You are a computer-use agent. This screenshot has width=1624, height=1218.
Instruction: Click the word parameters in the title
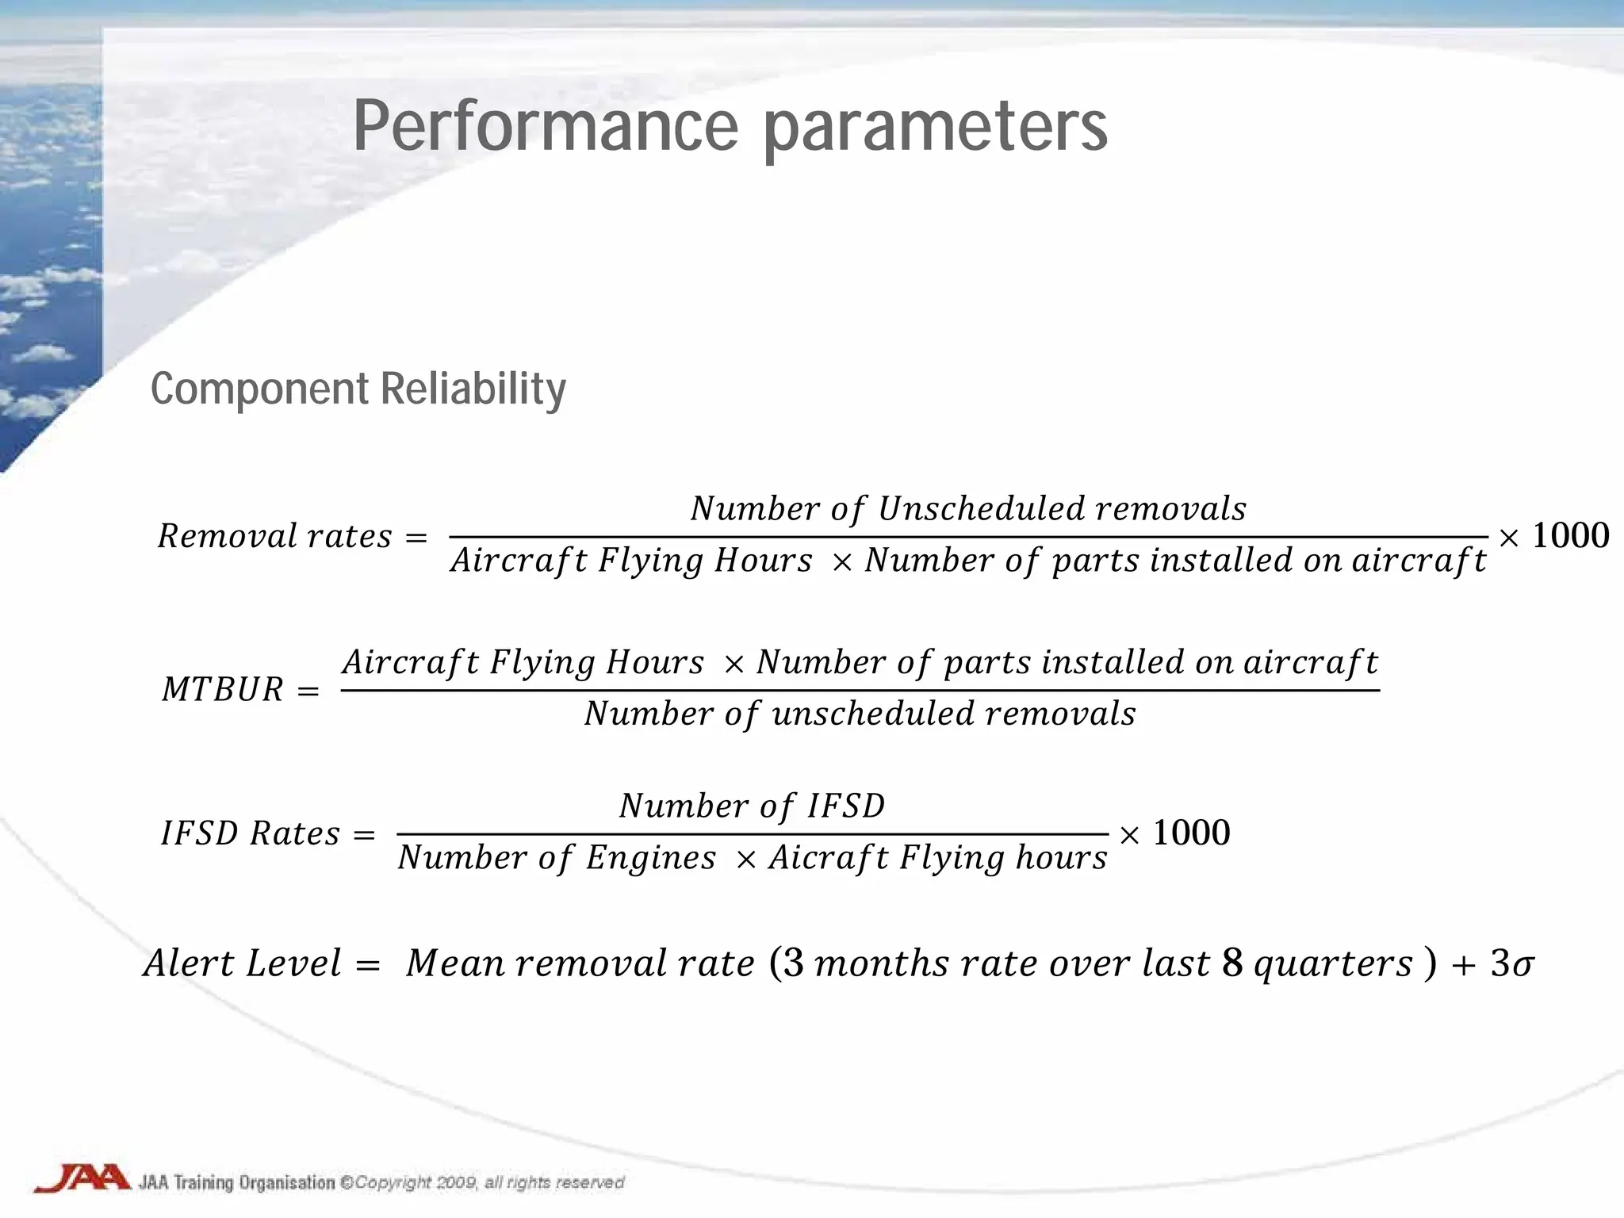(936, 127)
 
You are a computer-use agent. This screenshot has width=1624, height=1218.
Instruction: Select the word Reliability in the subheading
(473, 389)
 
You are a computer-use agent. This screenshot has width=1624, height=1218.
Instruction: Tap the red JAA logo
(82, 1178)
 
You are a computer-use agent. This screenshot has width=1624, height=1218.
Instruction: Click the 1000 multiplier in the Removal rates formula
(1570, 536)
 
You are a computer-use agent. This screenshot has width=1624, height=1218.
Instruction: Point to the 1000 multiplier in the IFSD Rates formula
(1191, 833)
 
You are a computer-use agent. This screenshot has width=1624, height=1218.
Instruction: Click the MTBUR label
(222, 689)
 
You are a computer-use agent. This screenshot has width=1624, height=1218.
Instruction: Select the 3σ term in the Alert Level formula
(1511, 963)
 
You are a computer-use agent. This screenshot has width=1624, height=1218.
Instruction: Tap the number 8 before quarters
(1231, 963)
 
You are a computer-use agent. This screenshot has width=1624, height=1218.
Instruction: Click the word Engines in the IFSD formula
(650, 858)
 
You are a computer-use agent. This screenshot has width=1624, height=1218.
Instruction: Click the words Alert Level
(242, 963)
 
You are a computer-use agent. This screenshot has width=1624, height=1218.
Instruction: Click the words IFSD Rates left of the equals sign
(250, 833)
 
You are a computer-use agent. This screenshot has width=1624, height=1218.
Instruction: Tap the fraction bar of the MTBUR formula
(860, 690)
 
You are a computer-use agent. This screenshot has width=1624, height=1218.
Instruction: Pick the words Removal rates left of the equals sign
(274, 537)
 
